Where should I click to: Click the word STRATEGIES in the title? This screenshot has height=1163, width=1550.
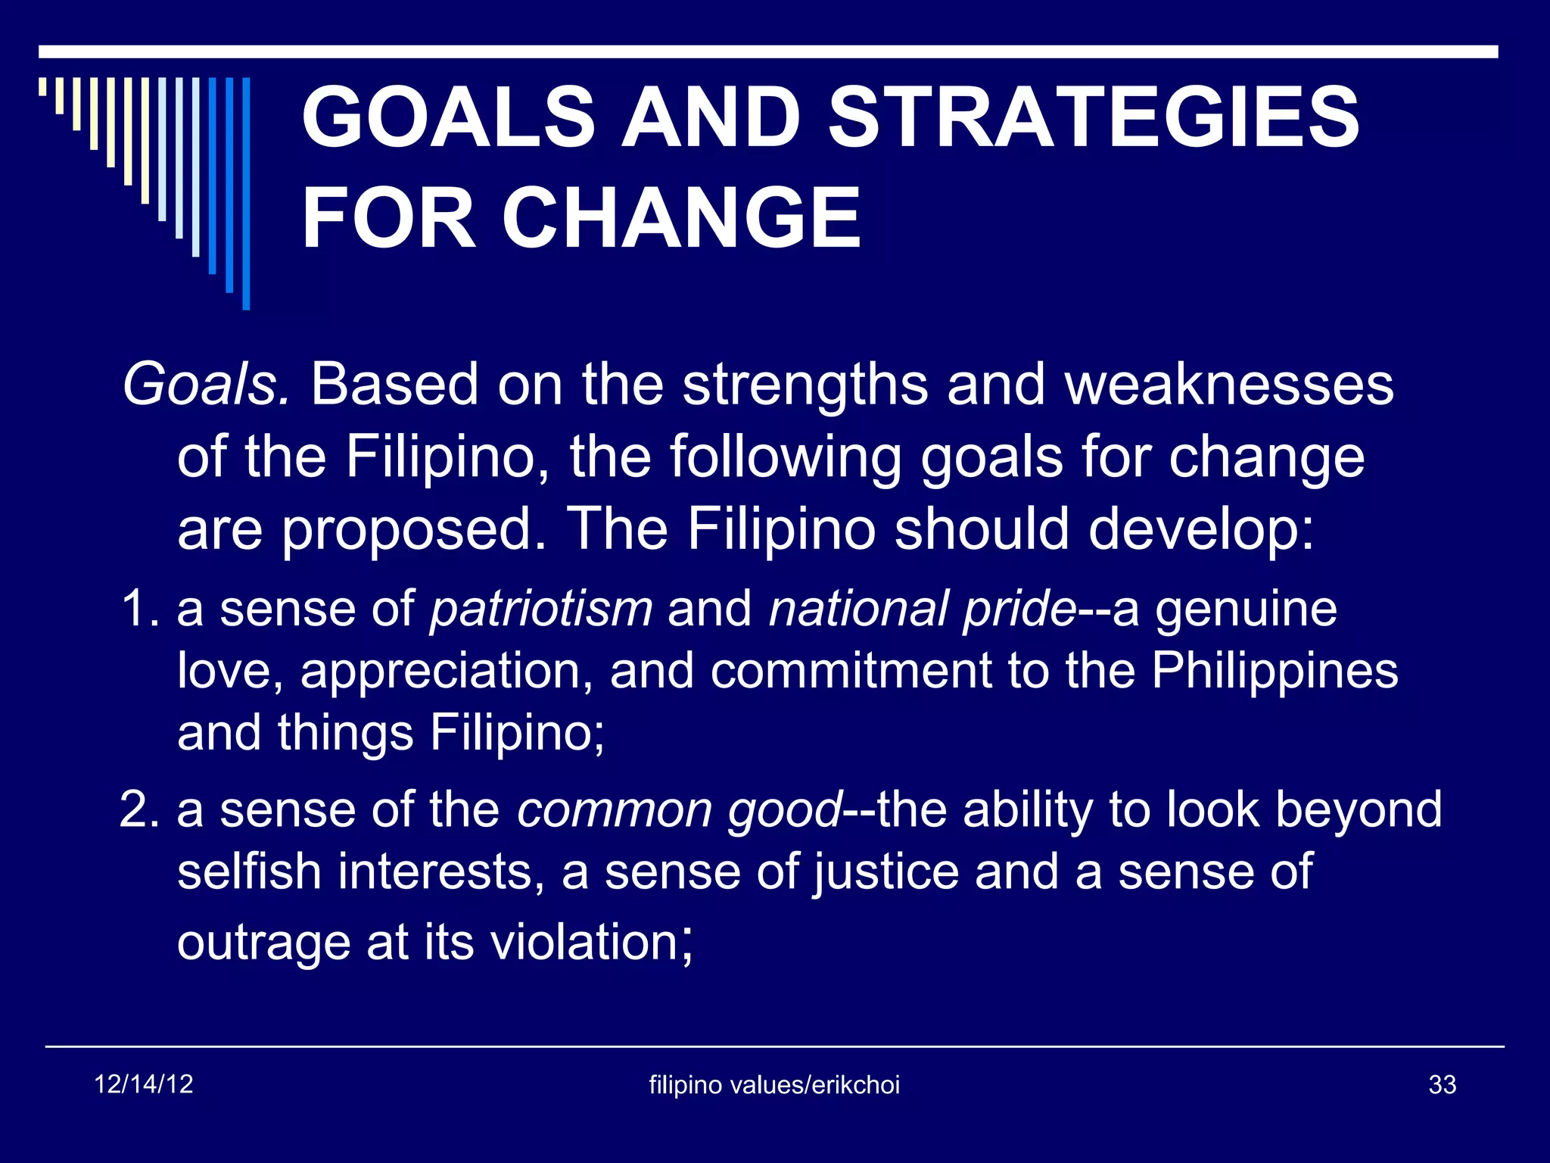[x=1094, y=117]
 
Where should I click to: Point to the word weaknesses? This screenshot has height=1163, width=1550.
[x=1229, y=385]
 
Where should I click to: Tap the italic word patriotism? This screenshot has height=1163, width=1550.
[x=541, y=609]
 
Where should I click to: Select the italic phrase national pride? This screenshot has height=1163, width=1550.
[x=922, y=609]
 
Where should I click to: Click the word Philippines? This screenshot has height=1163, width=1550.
[x=1275, y=672]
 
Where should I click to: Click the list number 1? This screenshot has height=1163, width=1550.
[x=139, y=609]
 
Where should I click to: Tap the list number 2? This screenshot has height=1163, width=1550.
[x=139, y=809]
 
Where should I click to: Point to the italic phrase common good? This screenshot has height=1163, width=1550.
[x=679, y=811]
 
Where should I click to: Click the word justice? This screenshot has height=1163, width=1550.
[x=885, y=873]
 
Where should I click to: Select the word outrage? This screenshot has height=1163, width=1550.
[x=263, y=943]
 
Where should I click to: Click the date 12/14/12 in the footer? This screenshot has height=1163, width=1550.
[x=144, y=1084]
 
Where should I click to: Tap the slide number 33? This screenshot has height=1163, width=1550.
[x=1442, y=1085]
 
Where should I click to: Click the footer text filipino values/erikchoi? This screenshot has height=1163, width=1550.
[x=774, y=1085]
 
